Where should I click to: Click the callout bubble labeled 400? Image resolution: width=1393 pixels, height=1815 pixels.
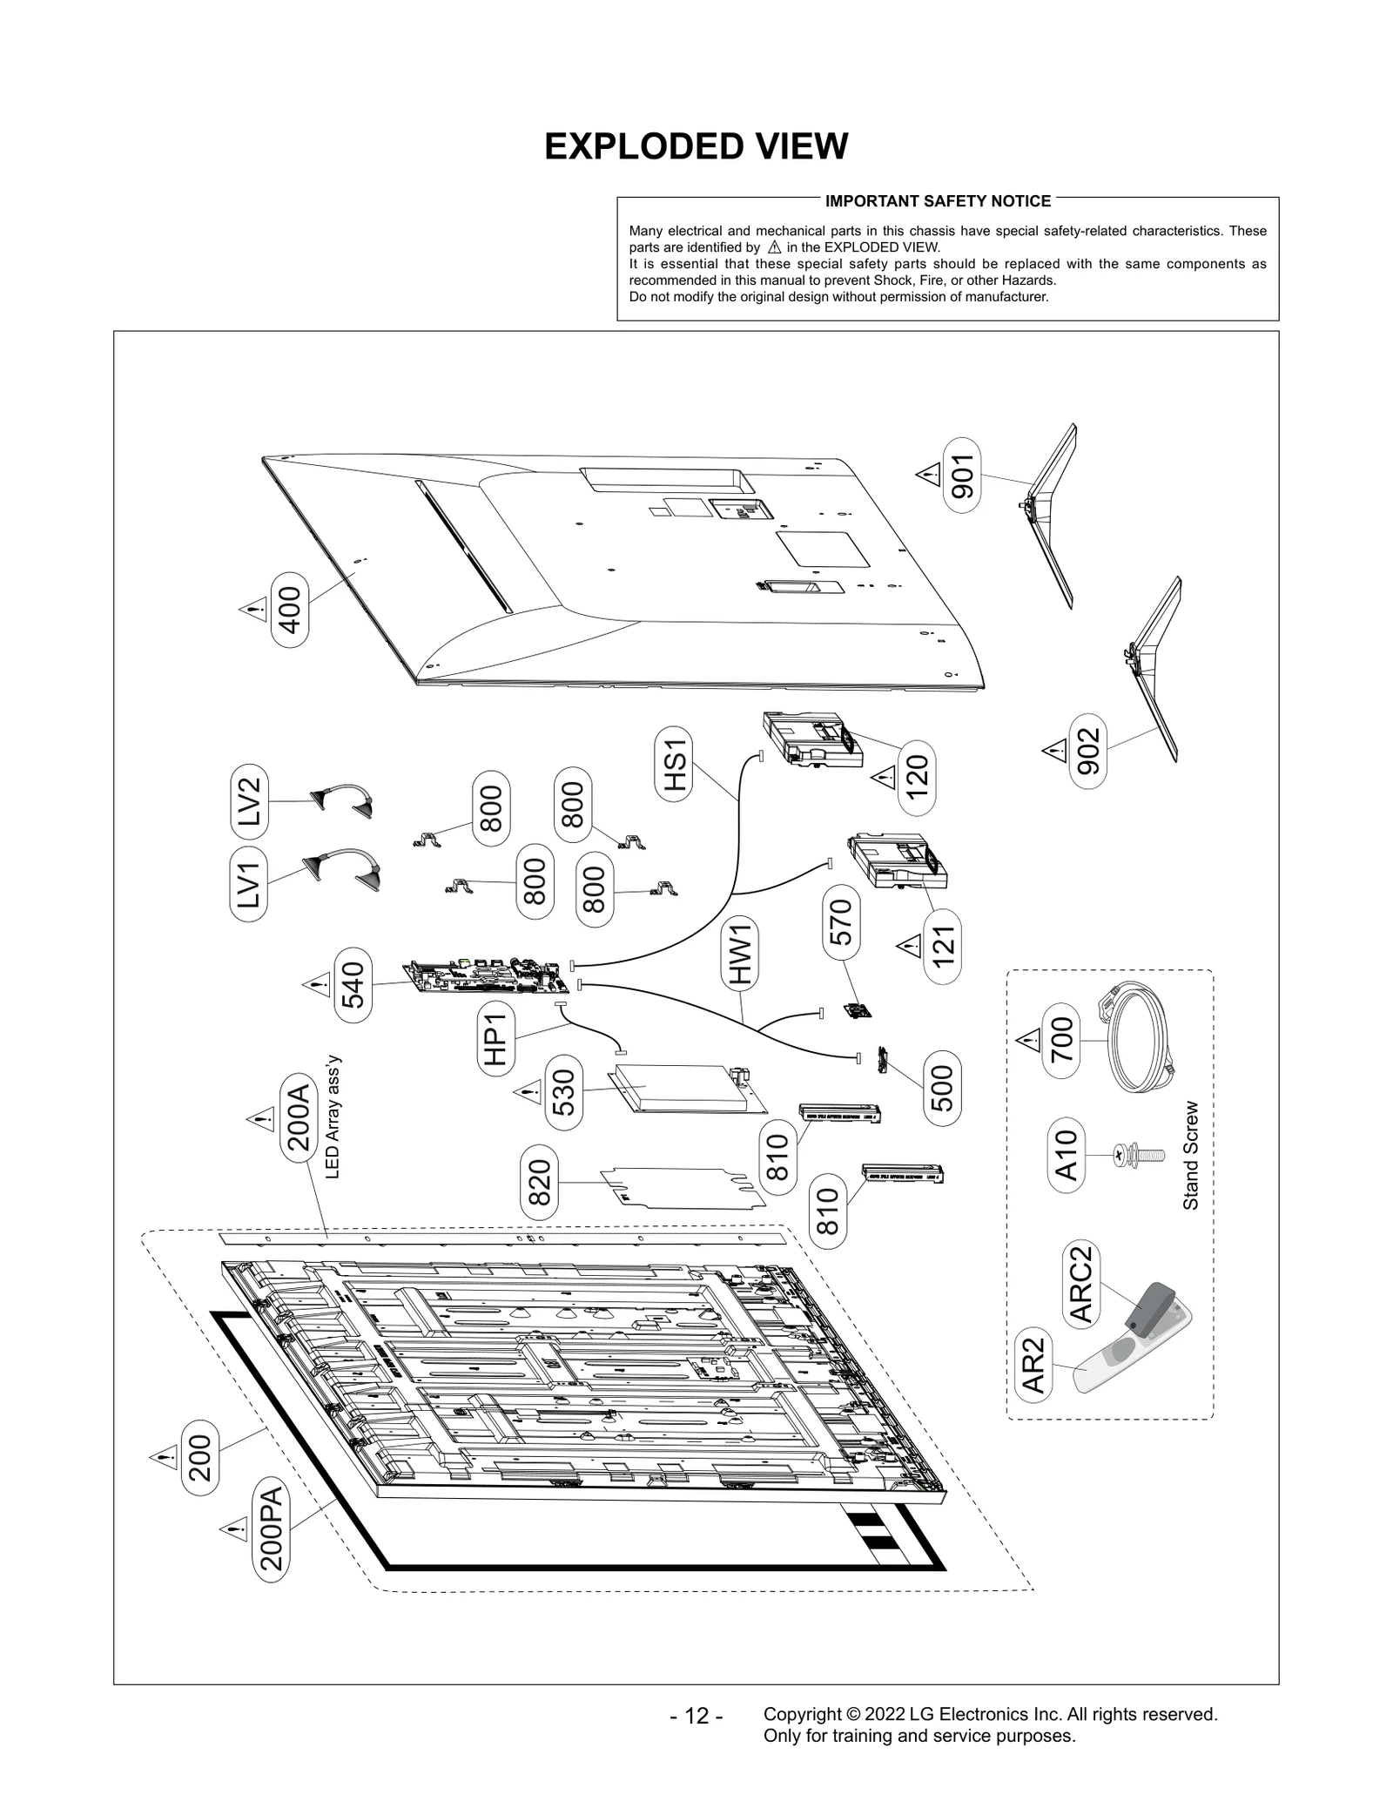[x=290, y=610]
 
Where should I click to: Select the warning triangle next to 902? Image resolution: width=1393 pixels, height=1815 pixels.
[x=1054, y=749]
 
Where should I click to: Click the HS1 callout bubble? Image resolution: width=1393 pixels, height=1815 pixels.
[x=676, y=764]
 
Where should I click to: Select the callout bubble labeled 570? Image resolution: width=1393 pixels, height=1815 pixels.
[x=842, y=924]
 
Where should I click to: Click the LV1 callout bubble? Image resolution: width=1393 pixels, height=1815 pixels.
[x=249, y=883]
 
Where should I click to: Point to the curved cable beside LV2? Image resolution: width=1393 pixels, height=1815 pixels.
[x=341, y=798]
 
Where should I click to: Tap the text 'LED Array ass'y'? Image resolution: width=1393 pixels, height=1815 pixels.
[x=333, y=1117]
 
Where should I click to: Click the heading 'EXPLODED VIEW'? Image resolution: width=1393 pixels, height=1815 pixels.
[x=696, y=146]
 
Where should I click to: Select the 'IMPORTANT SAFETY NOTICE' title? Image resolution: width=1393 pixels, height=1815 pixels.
[x=938, y=201]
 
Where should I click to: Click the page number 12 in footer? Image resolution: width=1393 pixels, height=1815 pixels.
[x=696, y=1717]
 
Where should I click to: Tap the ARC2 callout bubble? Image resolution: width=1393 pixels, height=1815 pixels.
[x=1080, y=1284]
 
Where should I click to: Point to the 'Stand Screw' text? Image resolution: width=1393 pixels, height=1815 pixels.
[x=1190, y=1156]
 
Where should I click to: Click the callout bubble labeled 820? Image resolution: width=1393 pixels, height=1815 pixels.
[x=539, y=1181]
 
